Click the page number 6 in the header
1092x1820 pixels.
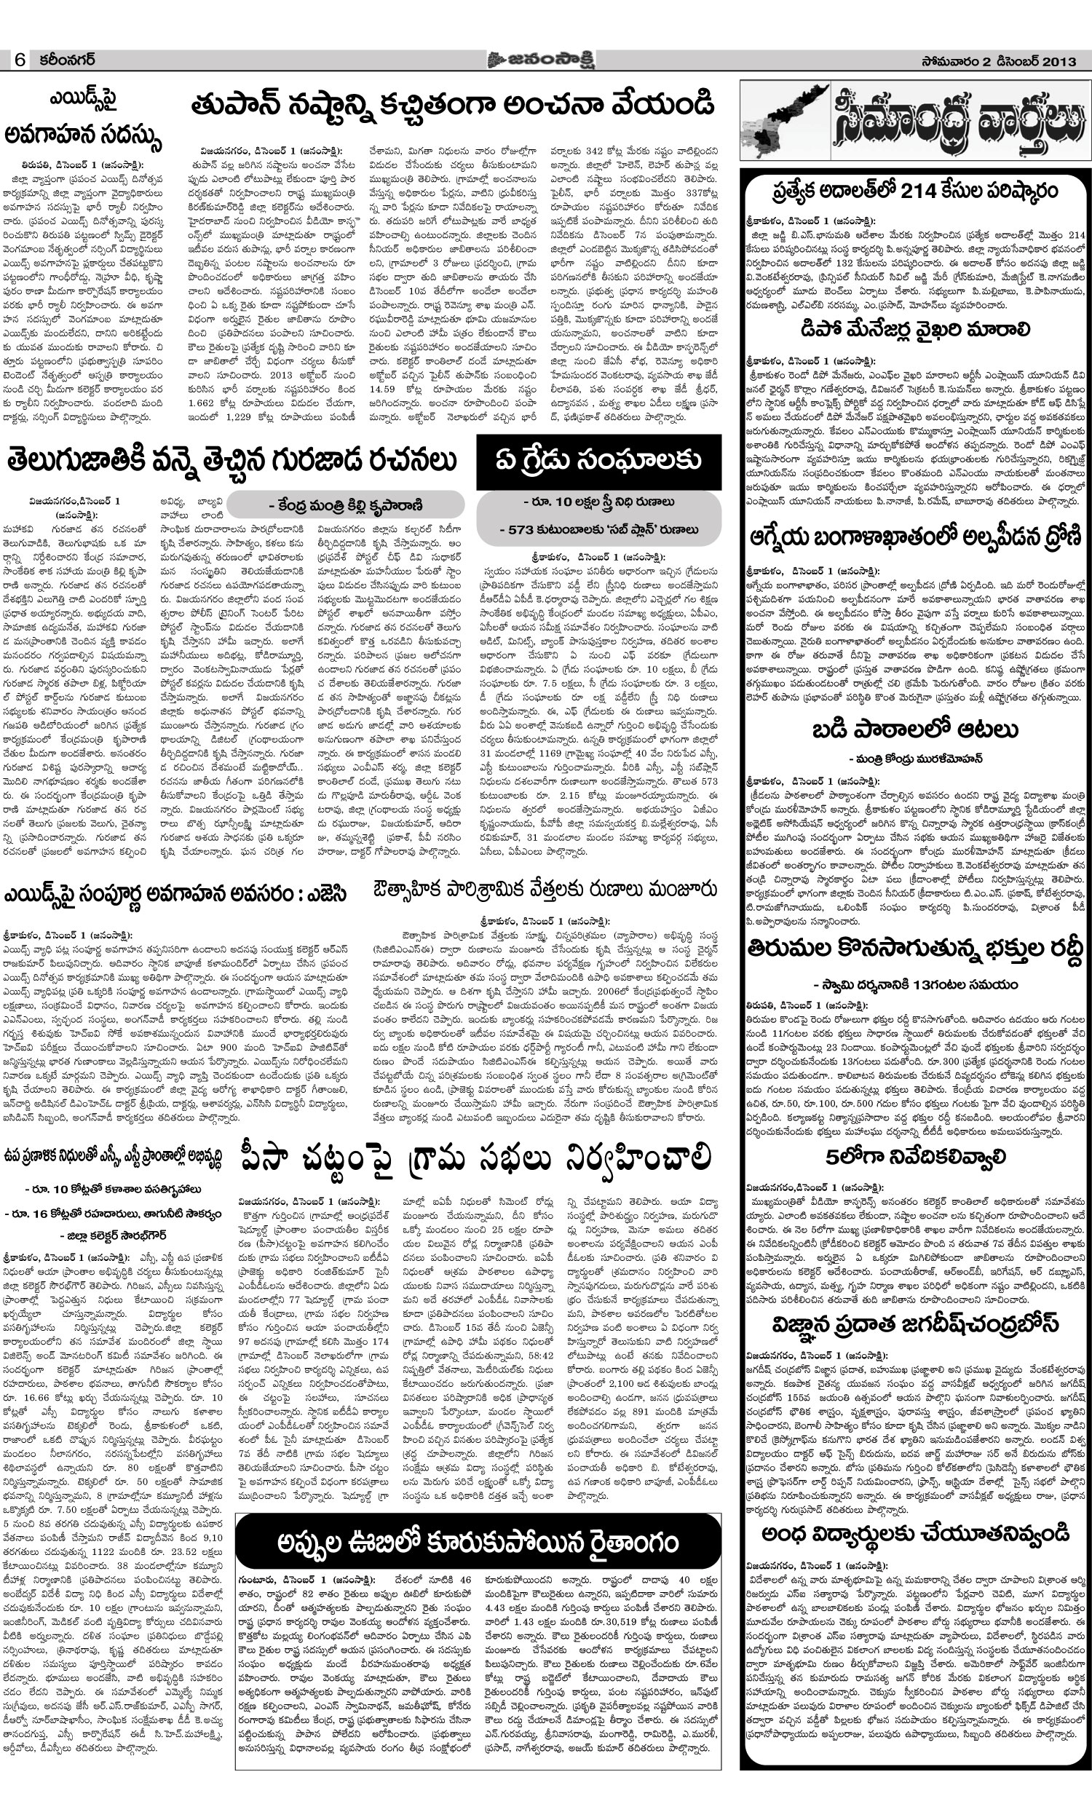[x=19, y=60]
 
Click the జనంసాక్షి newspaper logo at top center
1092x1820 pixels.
[x=540, y=60]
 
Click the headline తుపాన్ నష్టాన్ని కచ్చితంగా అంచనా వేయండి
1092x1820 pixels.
[x=452, y=106]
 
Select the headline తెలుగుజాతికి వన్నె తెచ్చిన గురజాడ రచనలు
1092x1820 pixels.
[x=231, y=462]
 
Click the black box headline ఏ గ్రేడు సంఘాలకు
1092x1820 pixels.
[x=598, y=462]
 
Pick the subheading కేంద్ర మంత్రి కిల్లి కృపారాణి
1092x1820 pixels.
[x=345, y=505]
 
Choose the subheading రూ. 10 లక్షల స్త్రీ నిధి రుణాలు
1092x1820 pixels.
[x=598, y=502]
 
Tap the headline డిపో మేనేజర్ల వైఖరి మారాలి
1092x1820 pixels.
[x=914, y=331]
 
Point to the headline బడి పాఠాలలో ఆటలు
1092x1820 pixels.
[x=914, y=730]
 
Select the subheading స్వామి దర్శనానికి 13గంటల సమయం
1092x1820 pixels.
[x=914, y=984]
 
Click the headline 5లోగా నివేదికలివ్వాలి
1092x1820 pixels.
[x=914, y=1158]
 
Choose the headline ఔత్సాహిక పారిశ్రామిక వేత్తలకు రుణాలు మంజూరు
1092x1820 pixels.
[x=545, y=890]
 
